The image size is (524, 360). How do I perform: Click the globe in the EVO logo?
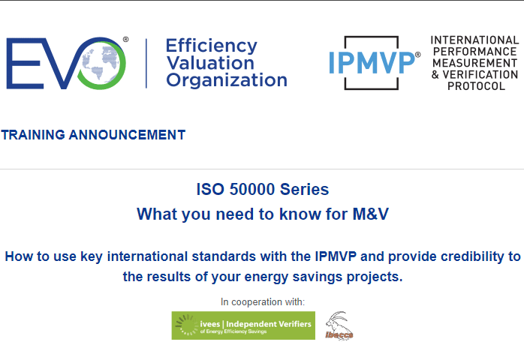[101, 64]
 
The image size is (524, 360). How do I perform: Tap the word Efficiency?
[212, 46]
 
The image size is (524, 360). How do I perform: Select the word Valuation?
[210, 63]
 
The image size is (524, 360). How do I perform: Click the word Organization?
[227, 80]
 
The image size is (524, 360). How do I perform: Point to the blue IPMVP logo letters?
[372, 63]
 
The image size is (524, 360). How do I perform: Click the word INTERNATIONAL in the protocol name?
[474, 40]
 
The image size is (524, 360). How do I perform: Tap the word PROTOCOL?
[476, 86]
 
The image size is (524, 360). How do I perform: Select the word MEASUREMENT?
[474, 63]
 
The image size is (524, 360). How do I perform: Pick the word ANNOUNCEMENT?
[127, 135]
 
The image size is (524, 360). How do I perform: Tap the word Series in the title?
[304, 189]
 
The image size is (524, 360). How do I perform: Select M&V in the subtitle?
[371, 214]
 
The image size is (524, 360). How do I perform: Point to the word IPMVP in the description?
[336, 256]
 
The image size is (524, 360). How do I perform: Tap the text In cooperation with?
[263, 302]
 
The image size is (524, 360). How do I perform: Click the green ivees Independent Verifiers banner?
[243, 325]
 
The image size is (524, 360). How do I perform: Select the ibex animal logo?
[339, 326]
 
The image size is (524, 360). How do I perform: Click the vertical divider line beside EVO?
[146, 64]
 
